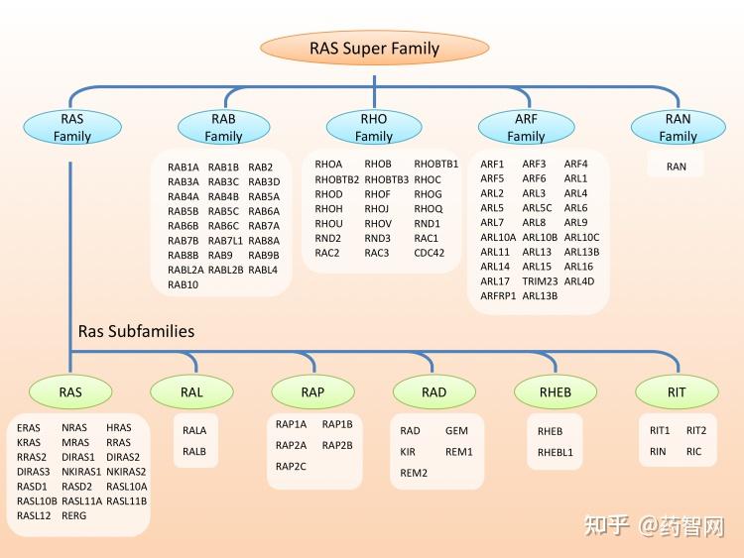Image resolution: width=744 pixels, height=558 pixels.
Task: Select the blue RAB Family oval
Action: click(x=223, y=127)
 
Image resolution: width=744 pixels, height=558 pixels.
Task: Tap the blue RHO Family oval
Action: click(x=374, y=127)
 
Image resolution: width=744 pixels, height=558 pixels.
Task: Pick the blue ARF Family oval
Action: click(x=526, y=127)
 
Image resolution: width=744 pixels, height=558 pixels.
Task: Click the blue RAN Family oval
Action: click(x=678, y=127)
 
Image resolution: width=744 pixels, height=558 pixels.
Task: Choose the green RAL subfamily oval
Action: click(x=191, y=392)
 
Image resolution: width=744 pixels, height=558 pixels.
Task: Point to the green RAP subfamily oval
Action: click(x=312, y=392)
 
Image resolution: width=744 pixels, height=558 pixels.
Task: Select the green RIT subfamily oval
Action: click(x=676, y=392)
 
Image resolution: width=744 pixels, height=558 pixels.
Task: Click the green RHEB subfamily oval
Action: click(x=555, y=392)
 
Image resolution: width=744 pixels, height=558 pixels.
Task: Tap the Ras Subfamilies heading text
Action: click(x=137, y=331)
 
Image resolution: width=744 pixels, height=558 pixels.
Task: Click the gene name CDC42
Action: click(x=429, y=253)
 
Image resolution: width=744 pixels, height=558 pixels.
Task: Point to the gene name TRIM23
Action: click(x=540, y=281)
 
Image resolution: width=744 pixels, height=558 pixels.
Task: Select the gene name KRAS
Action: click(x=30, y=443)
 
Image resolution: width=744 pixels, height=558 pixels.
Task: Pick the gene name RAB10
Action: click(x=184, y=284)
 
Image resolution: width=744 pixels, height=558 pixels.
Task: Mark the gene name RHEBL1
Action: click(x=556, y=452)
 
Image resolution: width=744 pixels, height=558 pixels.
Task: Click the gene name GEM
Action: click(x=456, y=431)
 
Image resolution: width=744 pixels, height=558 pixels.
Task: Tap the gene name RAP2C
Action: click(x=292, y=466)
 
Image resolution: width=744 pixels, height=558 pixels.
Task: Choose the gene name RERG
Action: click(x=74, y=515)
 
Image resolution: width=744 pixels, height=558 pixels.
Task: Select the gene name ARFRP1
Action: click(x=498, y=295)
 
